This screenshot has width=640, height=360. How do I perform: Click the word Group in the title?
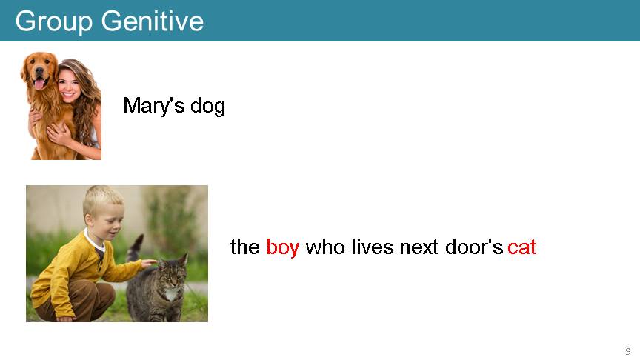tap(54, 21)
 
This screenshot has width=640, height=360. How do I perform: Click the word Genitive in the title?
tap(153, 21)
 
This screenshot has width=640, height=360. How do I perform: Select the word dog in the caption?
tap(207, 106)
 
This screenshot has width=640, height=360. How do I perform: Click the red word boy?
tap(282, 247)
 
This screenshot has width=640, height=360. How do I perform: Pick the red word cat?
tap(521, 247)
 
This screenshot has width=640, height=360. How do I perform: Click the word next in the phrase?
tap(419, 247)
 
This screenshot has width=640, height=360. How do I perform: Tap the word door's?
tap(474, 247)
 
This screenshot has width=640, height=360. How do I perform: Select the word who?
tap(325, 247)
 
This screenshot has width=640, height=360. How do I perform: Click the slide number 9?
tap(627, 351)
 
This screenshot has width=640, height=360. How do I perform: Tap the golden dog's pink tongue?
tap(39, 84)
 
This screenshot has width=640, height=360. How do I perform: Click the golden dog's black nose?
tap(39, 70)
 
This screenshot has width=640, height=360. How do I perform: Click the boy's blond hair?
tap(102, 200)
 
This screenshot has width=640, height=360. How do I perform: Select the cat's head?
tap(173, 271)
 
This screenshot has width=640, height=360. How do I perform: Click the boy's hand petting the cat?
tap(149, 263)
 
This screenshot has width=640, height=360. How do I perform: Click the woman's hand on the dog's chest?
tap(59, 134)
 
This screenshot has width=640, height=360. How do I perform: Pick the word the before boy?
tap(245, 247)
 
